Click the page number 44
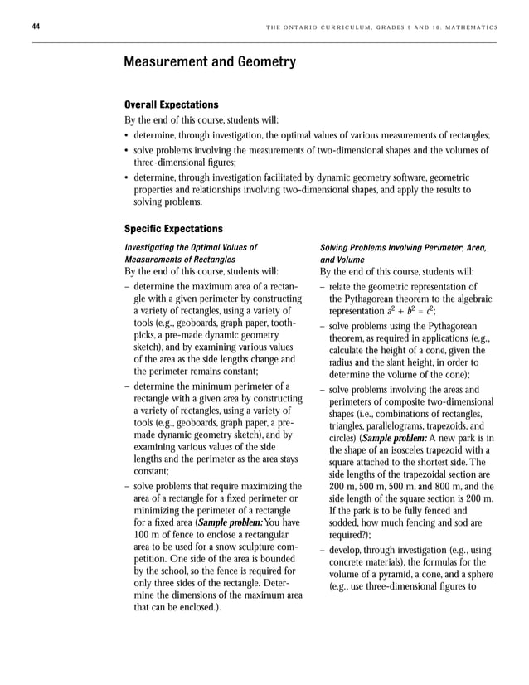coord(36,27)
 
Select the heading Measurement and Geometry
coord(209,62)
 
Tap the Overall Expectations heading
coord(171,104)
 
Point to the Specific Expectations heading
coord(172,228)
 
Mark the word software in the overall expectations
coord(398,177)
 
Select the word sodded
coord(347,523)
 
